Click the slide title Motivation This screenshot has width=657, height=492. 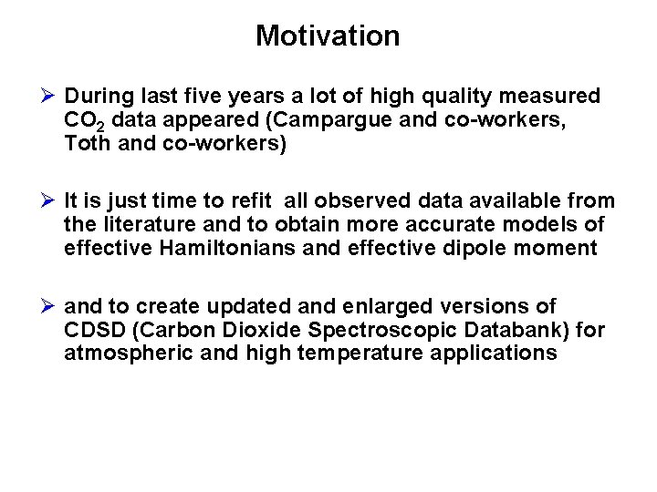328,36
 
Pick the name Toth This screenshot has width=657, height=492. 87,143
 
